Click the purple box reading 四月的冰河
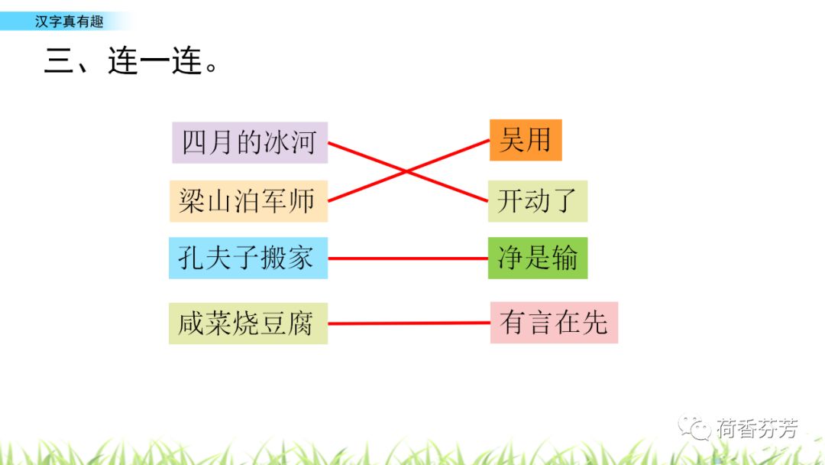tap(250, 142)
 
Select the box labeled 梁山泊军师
tap(248, 201)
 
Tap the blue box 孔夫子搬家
tap(248, 258)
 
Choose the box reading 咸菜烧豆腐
tap(248, 324)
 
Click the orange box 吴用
tap(526, 140)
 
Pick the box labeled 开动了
tap(538, 201)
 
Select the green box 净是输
tap(538, 259)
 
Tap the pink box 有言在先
tap(554, 322)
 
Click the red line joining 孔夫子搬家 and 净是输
tap(408, 259)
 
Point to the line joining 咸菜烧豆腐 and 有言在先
tap(409, 323)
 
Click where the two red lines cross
tap(408, 171)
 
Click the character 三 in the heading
tap(58, 61)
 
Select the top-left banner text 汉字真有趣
tap(69, 22)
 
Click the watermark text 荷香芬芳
tap(756, 428)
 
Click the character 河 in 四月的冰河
tap(302, 143)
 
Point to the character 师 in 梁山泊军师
tap(302, 201)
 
